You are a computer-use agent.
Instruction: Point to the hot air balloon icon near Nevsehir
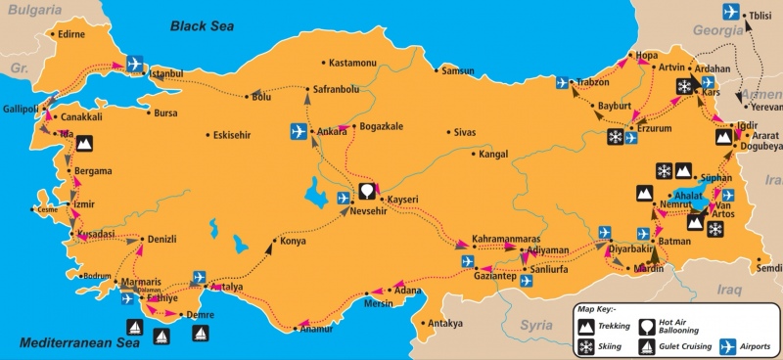[x=367, y=190]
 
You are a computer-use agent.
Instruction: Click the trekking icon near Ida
[x=85, y=143]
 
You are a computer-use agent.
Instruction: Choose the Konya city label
[x=293, y=241]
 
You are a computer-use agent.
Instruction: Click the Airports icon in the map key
[x=726, y=346]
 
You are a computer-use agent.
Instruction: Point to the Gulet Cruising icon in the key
[x=648, y=346]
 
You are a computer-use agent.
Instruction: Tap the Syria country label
[x=536, y=324]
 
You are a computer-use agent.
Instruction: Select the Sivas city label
[x=465, y=131]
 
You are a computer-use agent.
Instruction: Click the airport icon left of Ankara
[x=299, y=131]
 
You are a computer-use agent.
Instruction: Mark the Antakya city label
[x=441, y=324]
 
